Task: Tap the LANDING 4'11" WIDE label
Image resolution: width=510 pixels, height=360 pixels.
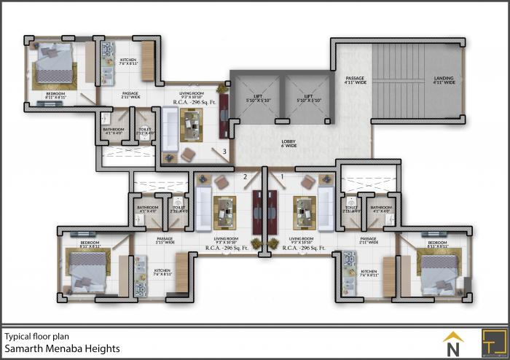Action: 444,80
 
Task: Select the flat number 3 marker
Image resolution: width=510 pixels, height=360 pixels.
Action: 225,152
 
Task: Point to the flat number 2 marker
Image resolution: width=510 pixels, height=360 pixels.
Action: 246,176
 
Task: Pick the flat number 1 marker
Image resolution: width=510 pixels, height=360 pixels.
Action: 281,176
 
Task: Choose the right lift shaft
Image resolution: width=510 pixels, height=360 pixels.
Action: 307,98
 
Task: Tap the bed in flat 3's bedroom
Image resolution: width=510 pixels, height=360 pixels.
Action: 52,67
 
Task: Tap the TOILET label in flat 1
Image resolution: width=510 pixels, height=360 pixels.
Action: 351,208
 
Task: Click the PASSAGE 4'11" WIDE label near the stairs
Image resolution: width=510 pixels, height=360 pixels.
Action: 355,80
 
